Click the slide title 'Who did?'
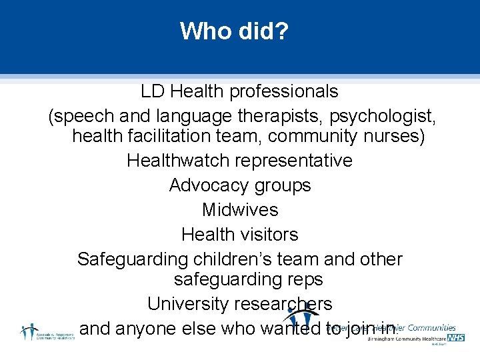[x=234, y=31]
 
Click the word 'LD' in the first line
[x=152, y=91]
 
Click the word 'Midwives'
[x=240, y=210]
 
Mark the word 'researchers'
[x=283, y=304]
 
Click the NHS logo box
[x=456, y=338]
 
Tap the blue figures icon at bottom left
[x=29, y=331]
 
